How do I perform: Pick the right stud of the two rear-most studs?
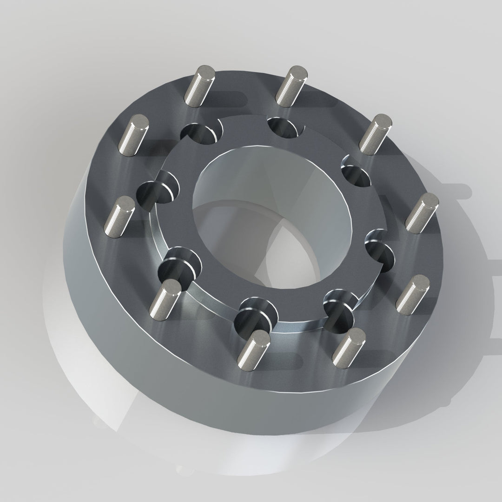(291, 85)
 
